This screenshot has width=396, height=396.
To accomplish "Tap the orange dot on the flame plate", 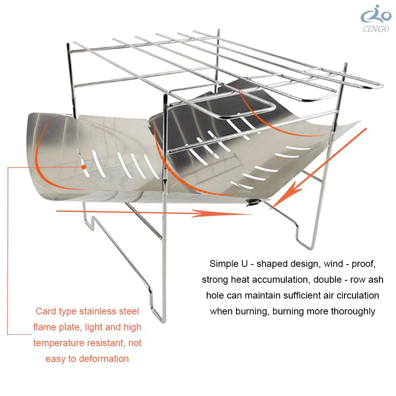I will (84, 167).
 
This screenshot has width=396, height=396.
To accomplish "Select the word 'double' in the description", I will (327, 280).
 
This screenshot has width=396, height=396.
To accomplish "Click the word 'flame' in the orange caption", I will (45, 327).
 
